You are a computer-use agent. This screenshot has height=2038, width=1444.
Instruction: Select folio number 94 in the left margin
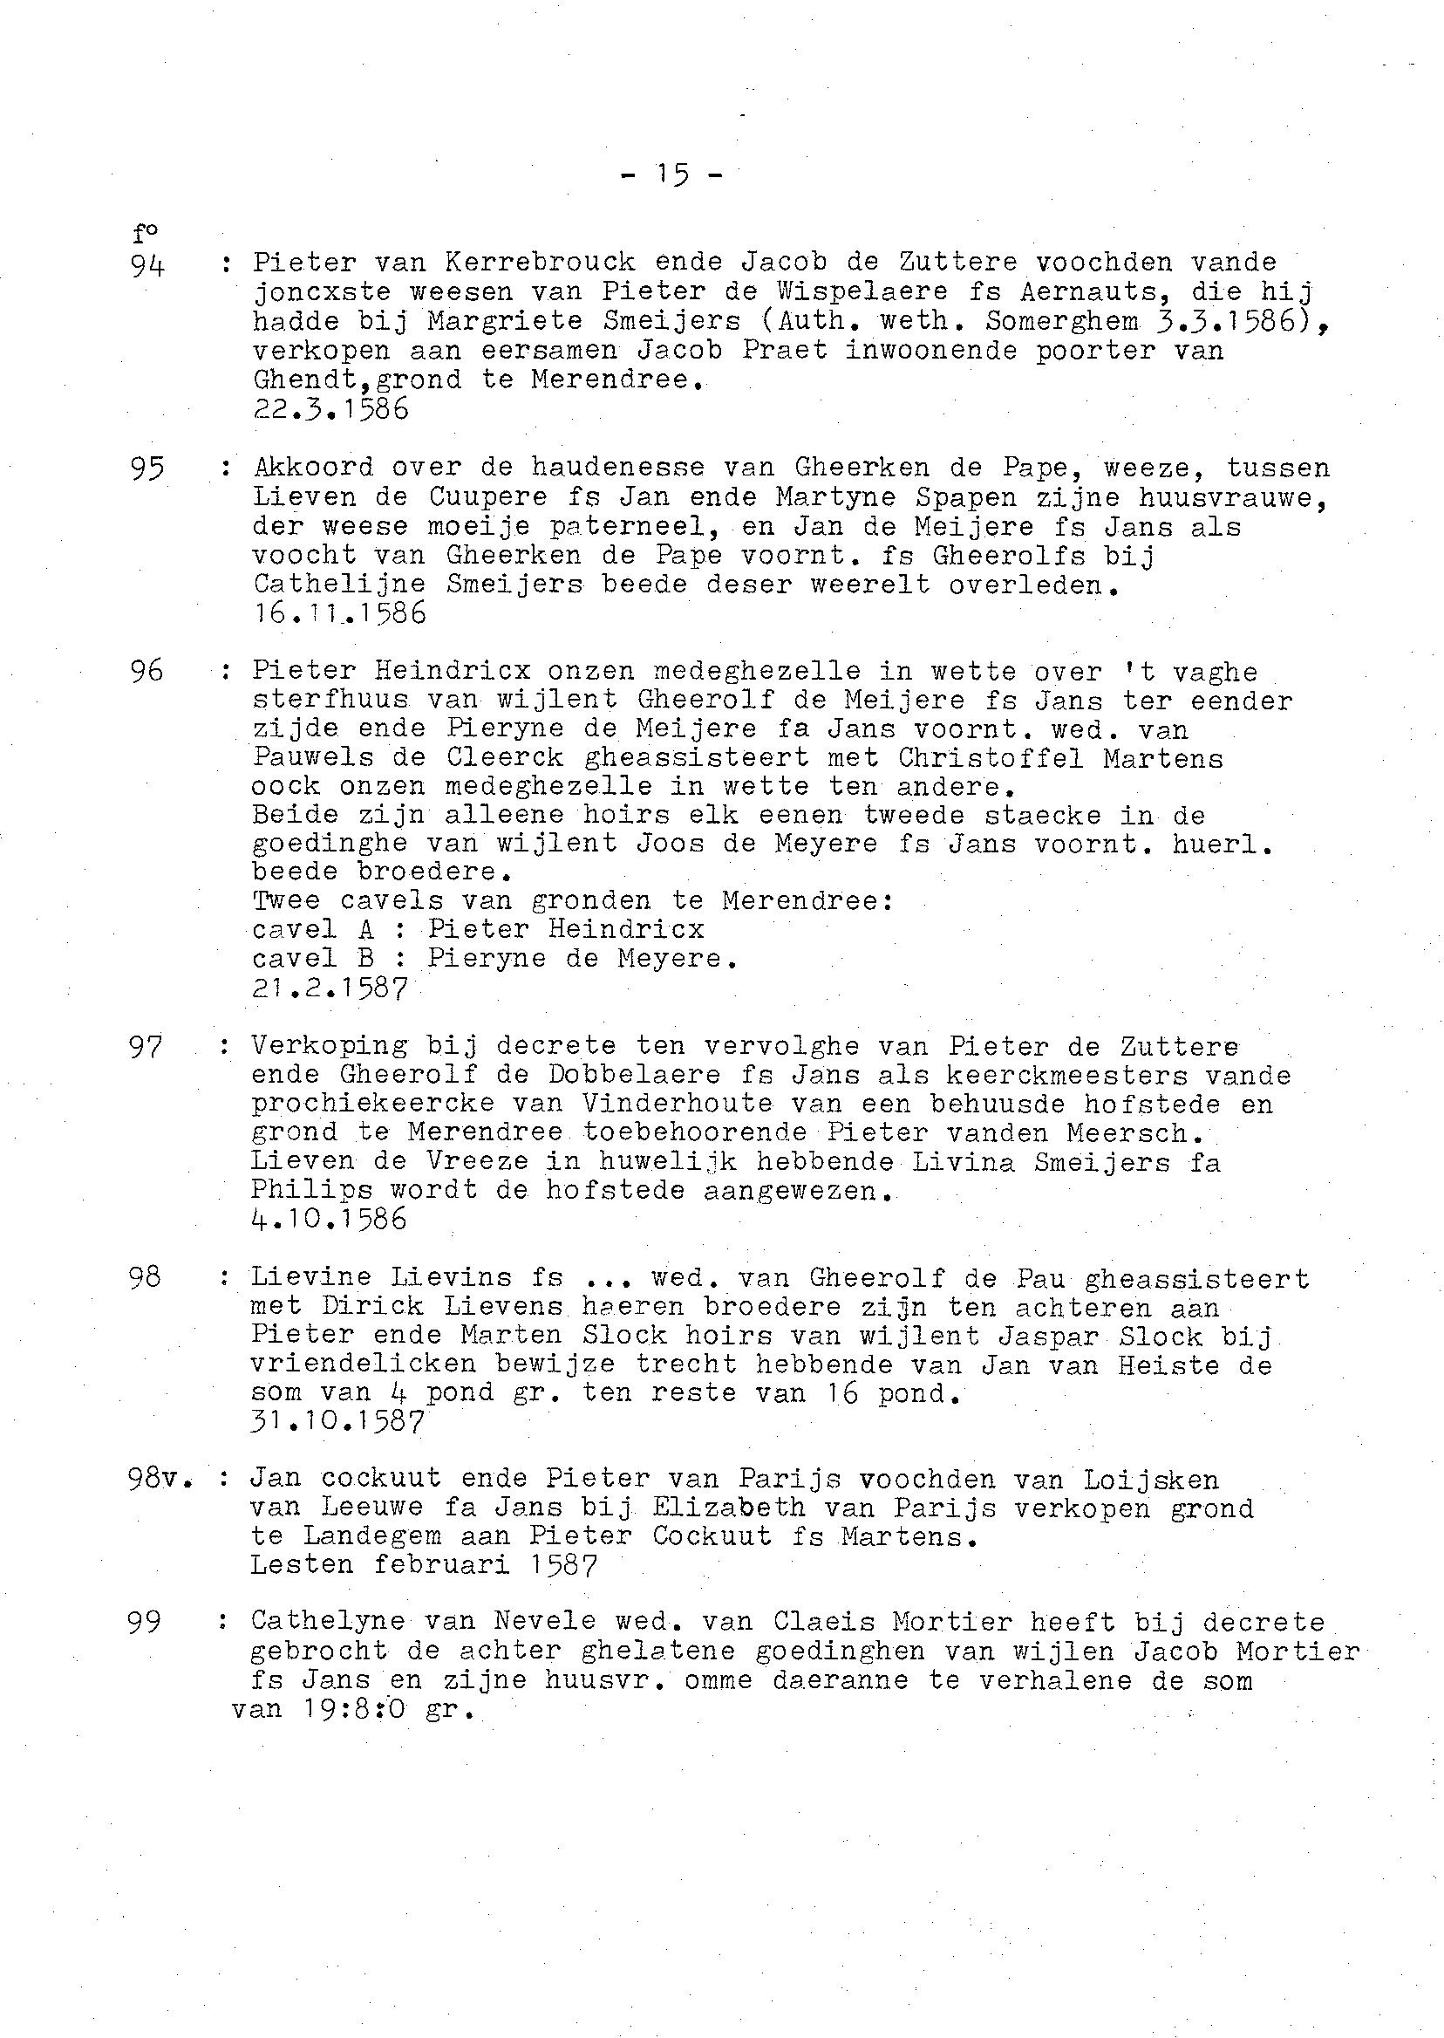click(147, 264)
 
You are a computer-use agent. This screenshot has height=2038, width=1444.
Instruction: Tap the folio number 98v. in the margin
click(160, 1479)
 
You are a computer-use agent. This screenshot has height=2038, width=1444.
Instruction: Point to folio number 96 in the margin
click(146, 672)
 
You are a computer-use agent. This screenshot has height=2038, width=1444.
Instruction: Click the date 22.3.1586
click(330, 409)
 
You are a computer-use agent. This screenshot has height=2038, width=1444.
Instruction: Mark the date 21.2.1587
click(330, 988)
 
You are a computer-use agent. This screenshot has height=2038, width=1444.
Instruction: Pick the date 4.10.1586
click(329, 1218)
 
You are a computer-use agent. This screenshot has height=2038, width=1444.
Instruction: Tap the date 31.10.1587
click(337, 1421)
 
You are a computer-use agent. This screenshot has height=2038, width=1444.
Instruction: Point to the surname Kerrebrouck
click(540, 263)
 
